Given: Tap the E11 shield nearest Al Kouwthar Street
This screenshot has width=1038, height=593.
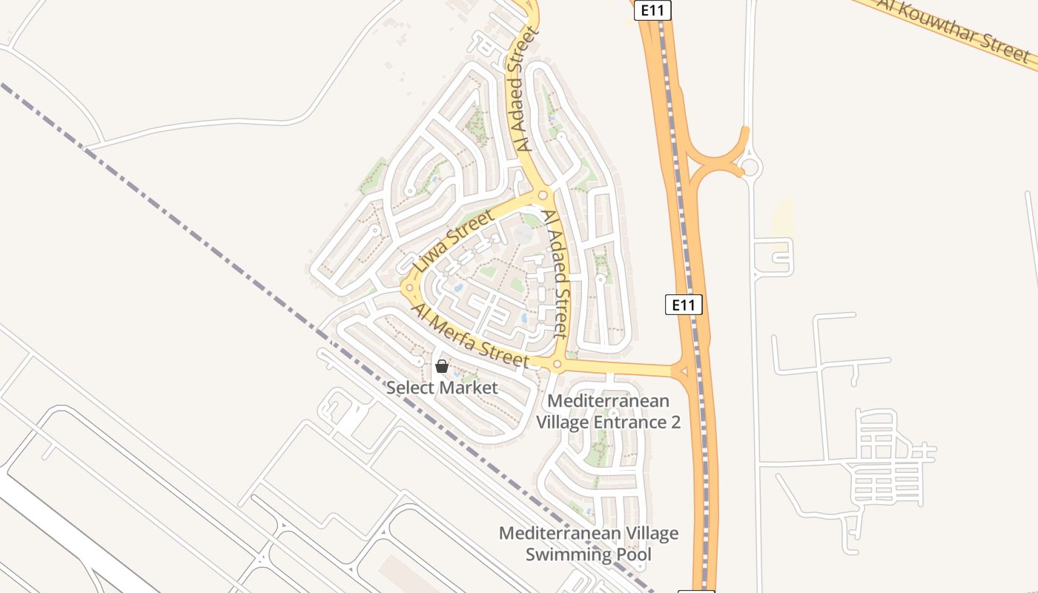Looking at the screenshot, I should click(652, 10).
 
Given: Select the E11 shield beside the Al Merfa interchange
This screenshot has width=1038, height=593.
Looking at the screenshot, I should click(683, 304).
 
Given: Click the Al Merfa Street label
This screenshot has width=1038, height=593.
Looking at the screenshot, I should click(473, 337).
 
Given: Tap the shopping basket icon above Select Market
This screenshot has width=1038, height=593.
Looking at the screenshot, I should click(442, 366).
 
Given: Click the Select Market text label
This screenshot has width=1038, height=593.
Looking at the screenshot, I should click(442, 387).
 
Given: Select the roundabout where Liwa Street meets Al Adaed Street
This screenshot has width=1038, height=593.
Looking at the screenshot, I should click(543, 196).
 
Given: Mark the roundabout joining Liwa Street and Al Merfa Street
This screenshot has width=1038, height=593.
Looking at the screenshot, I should click(409, 287).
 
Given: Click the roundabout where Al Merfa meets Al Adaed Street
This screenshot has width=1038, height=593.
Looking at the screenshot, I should click(558, 365).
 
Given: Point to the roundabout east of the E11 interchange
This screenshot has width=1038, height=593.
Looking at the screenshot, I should click(750, 168).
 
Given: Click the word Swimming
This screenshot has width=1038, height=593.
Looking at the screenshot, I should click(567, 554).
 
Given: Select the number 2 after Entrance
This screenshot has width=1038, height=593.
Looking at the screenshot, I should click(675, 423).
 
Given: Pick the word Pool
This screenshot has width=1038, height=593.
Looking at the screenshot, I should click(635, 554).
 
